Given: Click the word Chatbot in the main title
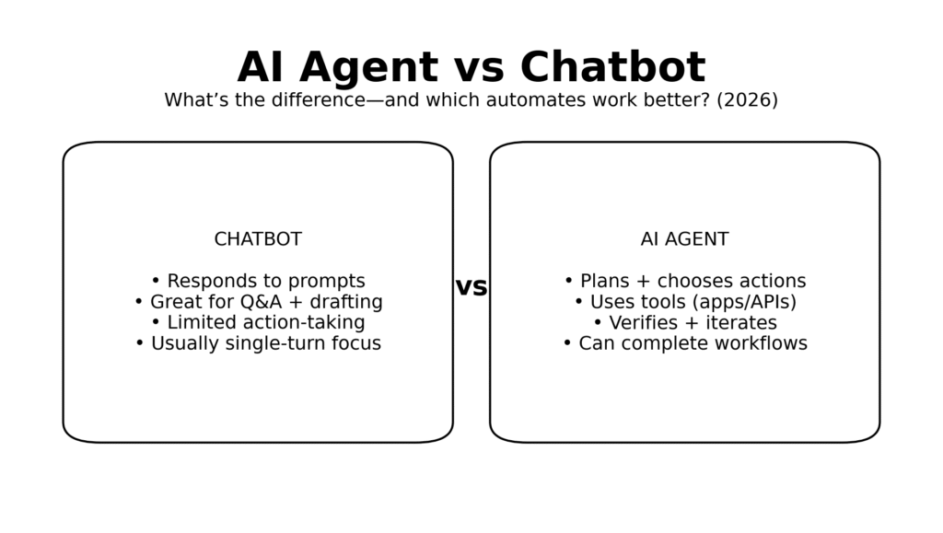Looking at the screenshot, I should tap(612, 68).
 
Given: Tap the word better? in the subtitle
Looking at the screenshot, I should tap(679, 100).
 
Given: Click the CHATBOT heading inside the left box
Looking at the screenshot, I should tap(258, 239).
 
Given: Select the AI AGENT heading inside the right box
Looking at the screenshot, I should tap(684, 239).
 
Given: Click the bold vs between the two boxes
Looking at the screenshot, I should tap(471, 287).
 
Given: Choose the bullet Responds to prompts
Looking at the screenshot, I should tap(258, 282).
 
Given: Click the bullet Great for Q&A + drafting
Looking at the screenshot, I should tap(258, 302).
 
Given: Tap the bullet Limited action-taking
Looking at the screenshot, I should tap(258, 323).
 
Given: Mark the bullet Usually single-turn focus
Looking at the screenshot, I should tap(258, 344).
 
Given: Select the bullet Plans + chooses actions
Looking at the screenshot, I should tap(684, 282).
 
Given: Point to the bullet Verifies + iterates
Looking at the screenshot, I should tap(684, 323).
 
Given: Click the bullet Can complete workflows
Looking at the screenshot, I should tap(684, 344).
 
